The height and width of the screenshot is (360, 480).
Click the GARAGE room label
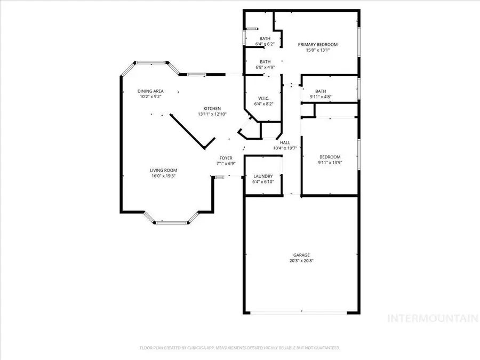301,255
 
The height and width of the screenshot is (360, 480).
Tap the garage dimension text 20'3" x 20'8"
301,261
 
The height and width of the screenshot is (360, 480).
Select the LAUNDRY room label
262,176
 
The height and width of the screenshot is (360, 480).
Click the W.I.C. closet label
262,98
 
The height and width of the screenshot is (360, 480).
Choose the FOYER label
225,158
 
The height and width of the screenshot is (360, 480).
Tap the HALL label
285,142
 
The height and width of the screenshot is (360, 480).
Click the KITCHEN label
212,108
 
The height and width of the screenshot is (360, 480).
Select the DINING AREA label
150,91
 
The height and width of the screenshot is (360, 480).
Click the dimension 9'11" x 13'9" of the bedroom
330,163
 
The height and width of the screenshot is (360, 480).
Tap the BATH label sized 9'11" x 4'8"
321,91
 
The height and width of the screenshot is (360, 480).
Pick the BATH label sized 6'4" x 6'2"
265,38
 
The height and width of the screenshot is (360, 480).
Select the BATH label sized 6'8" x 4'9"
265,62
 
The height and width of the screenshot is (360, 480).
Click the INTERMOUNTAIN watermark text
433,319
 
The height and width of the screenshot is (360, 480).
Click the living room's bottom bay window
172,222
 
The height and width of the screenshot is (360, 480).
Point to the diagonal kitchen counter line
192,131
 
